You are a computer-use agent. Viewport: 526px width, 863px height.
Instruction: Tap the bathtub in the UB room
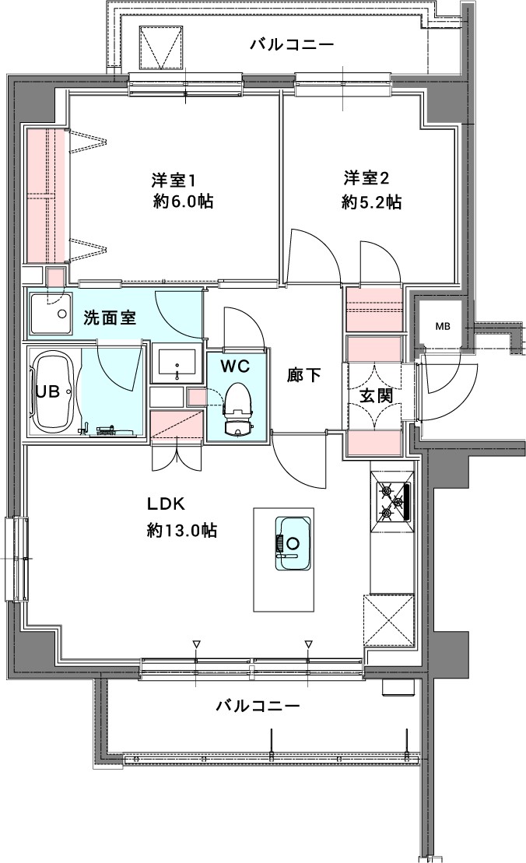tap(54, 392)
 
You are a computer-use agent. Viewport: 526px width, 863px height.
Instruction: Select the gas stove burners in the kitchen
tap(393, 502)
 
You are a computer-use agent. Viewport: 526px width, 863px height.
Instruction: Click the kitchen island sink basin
tap(293, 542)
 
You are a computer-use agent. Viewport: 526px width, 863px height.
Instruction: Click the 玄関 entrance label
tap(375, 395)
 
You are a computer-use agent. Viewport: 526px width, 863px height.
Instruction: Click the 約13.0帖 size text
tap(182, 531)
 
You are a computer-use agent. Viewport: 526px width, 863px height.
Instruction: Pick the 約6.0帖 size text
tap(183, 202)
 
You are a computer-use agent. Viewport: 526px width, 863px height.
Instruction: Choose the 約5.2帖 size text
tap(371, 202)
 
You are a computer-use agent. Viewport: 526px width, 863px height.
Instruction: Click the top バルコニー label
tap(292, 45)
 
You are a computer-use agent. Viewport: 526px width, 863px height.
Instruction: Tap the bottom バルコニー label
tap(257, 707)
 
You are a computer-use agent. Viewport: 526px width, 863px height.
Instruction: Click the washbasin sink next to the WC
tap(177, 362)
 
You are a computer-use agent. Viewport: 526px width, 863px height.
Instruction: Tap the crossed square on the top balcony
tap(163, 49)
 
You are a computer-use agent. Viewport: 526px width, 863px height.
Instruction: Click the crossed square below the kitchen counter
tap(389, 620)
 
